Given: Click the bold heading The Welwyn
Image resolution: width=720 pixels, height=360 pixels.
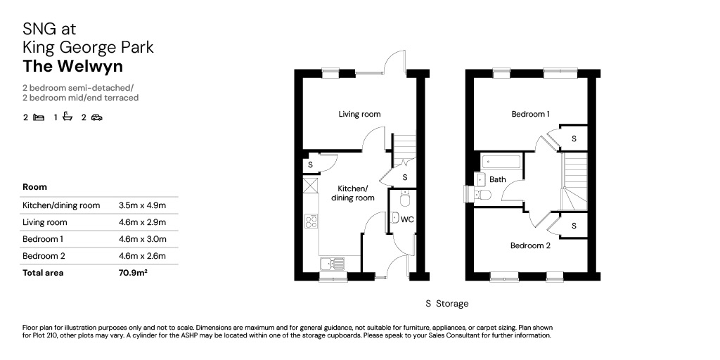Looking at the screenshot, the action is coord(73,66).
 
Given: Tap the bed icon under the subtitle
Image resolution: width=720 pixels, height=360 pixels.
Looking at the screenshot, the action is coord(39,117).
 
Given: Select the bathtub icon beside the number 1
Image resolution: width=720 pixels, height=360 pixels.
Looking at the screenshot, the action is coord(67,117).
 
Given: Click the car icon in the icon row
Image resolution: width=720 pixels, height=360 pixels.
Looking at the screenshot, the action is coord(96,117).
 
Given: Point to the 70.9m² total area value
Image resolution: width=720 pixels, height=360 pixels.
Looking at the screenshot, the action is coord(133,273).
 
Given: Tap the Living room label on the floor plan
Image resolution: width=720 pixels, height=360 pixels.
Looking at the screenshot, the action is coord(359,114).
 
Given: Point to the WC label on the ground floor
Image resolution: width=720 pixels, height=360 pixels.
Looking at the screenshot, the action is coord(407,219).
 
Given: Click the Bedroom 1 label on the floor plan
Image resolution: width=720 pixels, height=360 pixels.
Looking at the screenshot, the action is coord(531,114).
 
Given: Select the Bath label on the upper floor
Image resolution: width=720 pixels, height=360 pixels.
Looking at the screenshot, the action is coord(498,179).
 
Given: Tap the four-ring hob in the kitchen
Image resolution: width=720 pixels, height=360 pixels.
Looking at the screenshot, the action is coord(311,221).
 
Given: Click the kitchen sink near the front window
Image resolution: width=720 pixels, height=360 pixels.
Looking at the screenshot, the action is coord(332,264).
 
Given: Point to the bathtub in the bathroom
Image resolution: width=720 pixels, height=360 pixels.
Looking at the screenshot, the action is coord(501,162).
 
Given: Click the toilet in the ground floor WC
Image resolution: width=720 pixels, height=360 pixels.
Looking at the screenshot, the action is coord(404,199).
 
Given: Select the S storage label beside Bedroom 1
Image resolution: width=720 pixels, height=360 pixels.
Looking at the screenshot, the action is coord(574,139).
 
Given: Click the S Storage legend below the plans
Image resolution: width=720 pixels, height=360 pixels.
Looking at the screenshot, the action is coord(447,304).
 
